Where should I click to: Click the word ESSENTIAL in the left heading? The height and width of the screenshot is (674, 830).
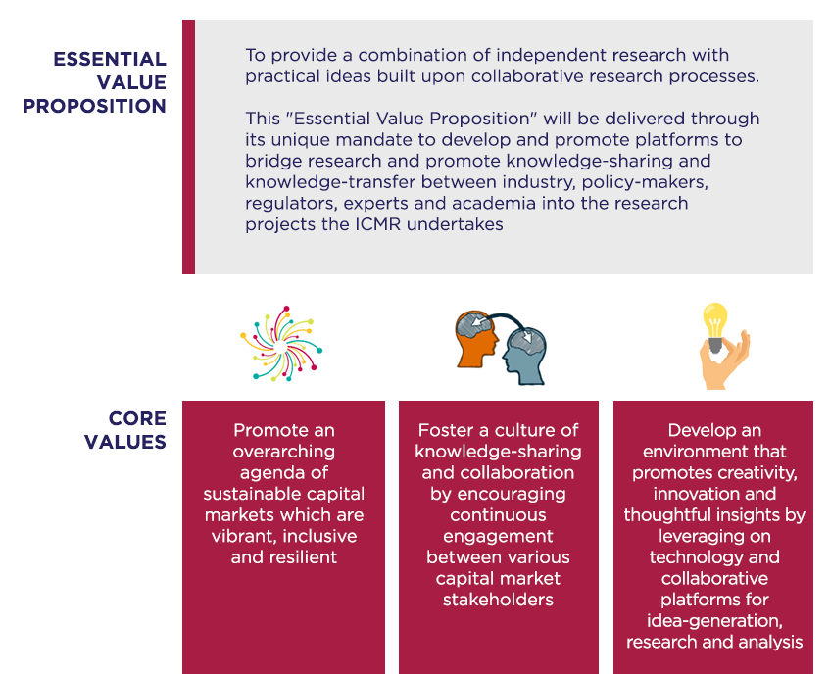coord(110,59)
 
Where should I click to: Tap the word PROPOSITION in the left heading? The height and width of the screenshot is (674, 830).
coord(95,106)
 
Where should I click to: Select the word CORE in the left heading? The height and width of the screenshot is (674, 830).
coord(137,418)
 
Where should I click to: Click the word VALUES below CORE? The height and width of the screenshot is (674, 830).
coord(125,442)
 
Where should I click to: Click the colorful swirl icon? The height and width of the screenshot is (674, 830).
coord(281,343)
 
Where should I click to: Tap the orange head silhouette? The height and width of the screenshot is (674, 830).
coord(476,340)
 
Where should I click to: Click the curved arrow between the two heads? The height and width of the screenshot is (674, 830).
coord(506,316)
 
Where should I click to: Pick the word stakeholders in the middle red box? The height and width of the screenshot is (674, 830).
coord(498,600)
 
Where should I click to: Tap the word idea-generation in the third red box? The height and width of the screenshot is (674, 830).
coord(714,620)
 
